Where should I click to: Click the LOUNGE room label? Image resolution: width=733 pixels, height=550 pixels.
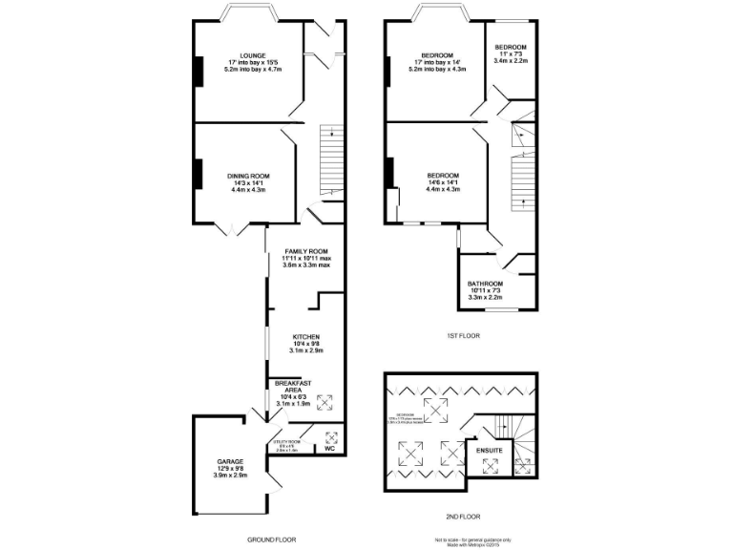coord(253,55)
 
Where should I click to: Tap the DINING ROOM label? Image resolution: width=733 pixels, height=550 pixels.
coord(248,176)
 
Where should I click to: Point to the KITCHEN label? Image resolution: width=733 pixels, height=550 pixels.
coord(306,337)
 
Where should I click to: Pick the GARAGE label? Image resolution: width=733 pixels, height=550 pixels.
coord(229,462)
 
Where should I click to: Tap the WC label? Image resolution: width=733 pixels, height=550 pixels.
coord(330,447)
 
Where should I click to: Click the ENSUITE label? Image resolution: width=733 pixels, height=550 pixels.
coord(490,446)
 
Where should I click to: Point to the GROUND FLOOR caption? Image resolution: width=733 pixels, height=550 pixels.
coord(268,539)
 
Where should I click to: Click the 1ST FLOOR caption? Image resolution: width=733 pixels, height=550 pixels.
coord(463,336)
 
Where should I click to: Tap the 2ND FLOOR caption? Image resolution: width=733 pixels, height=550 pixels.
coord(463,517)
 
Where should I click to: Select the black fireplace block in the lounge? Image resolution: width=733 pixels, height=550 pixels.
coord(199,71)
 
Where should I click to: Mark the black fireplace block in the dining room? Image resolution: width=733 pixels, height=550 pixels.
coord(199,173)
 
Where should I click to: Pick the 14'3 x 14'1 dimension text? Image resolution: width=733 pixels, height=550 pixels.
coord(248,182)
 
